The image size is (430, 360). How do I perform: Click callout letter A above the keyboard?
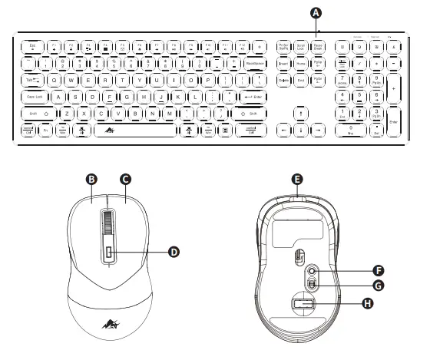317,12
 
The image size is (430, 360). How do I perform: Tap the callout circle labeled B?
91,179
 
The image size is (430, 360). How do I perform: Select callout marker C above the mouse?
124,179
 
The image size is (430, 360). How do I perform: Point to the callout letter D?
174,251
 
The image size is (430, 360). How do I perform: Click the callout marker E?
297,179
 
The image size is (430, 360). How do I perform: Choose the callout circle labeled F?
377,269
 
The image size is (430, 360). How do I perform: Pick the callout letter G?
377,286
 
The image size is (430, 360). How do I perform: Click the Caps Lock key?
36,97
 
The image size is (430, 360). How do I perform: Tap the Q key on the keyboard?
54,80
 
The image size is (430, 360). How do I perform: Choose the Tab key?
33,80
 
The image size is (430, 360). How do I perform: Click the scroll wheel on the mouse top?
108,226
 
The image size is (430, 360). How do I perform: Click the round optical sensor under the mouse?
313,271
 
